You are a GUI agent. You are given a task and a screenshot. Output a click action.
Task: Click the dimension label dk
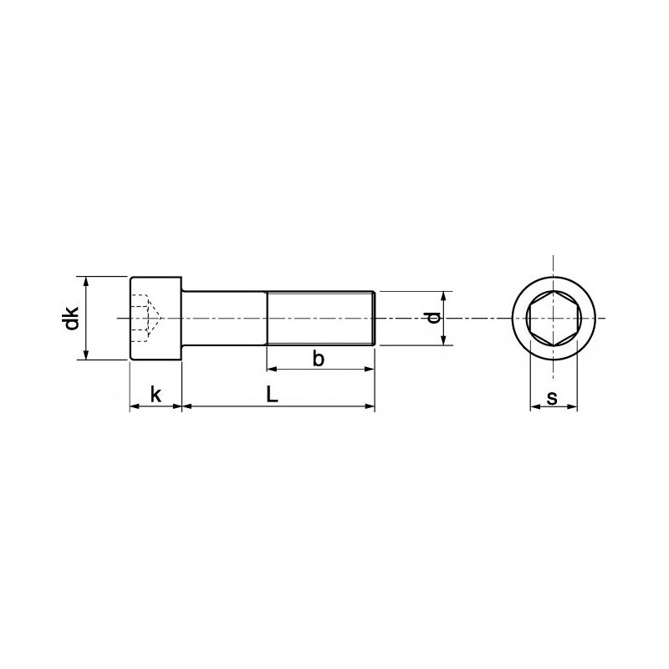tap(73, 318)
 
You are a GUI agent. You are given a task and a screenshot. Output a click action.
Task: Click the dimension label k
tap(156, 393)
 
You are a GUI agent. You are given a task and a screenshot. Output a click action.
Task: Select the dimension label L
tap(273, 393)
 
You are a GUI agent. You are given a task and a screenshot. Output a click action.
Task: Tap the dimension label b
tap(318, 359)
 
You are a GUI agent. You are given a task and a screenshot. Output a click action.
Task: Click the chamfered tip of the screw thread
tap(373, 318)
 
